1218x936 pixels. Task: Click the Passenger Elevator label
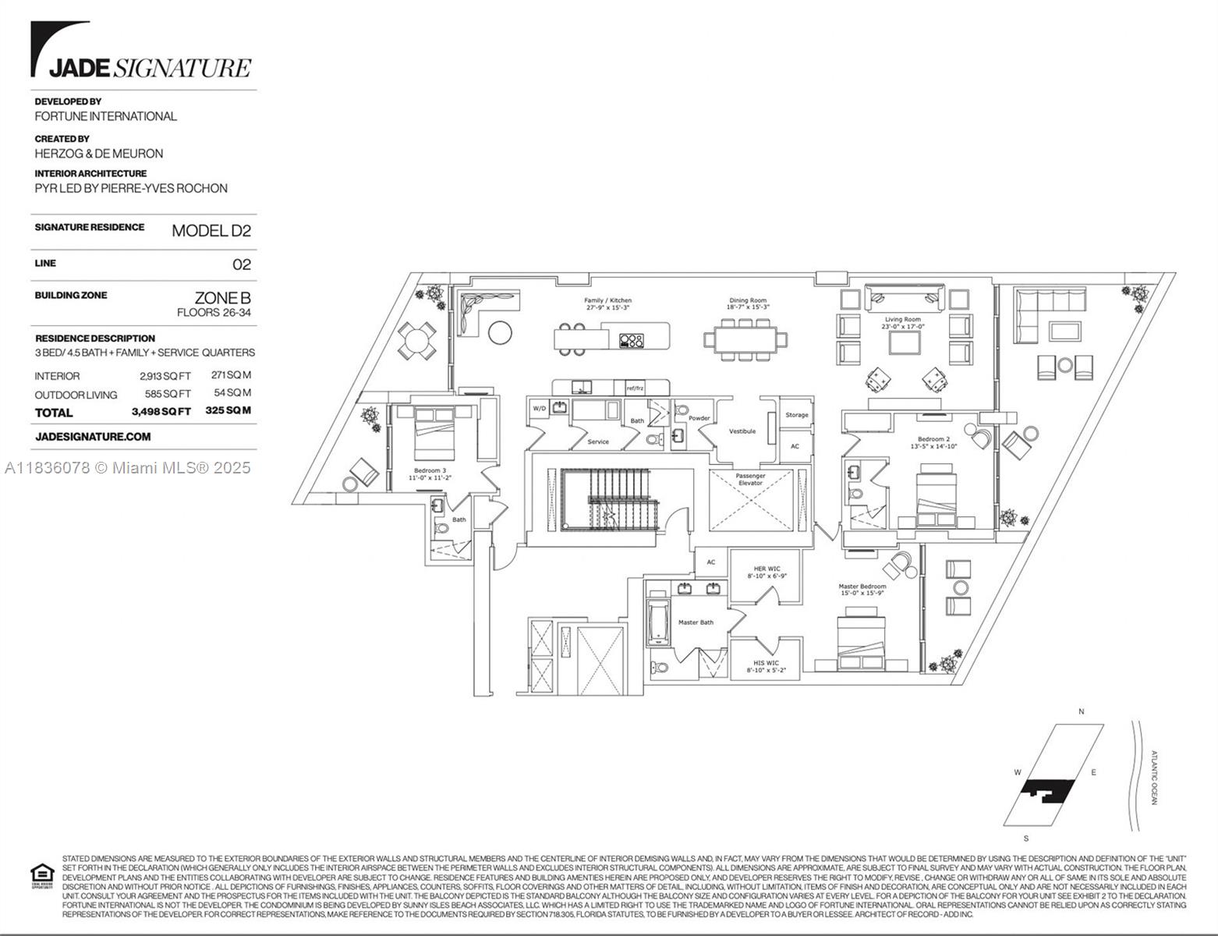point(750,479)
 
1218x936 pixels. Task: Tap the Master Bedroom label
point(862,589)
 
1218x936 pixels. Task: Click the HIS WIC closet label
point(766,666)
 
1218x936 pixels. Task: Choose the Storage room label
point(796,415)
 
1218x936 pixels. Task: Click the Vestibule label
point(742,431)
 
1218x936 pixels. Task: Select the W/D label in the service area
point(539,408)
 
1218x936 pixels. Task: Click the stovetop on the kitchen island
point(631,340)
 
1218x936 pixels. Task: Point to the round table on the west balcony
point(417,340)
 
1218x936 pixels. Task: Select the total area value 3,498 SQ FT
point(161,412)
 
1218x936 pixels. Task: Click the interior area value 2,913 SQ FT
point(165,376)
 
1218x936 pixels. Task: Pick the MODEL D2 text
point(211,230)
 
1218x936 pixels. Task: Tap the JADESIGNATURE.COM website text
point(93,437)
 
